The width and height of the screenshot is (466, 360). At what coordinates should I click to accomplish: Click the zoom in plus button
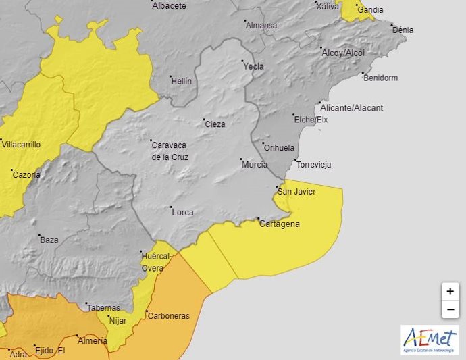pos(450,292)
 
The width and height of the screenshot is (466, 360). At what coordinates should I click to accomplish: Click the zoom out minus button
pos(450,310)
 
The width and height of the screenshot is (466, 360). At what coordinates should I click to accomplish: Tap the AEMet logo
pos(430,340)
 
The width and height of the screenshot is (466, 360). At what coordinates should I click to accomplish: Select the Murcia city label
pos(255,164)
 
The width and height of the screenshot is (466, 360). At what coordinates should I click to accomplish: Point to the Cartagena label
pos(280,224)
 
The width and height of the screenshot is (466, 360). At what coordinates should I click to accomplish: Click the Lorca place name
pos(182,212)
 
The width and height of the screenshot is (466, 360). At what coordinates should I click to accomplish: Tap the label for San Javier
pos(297,192)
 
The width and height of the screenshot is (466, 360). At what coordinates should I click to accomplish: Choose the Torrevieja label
pos(313,165)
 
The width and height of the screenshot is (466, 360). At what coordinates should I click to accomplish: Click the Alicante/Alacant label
pos(352,108)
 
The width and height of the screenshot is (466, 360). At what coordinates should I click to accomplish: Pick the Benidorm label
pos(380,78)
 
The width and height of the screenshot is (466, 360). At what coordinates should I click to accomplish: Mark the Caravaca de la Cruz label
pos(170,151)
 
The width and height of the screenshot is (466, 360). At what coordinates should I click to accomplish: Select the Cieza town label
pos(215,124)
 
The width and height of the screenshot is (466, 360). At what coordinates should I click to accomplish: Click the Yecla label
pos(253,66)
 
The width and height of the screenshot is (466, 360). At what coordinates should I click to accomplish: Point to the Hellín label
pos(181,81)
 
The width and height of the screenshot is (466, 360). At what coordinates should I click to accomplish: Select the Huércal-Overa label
pos(157,262)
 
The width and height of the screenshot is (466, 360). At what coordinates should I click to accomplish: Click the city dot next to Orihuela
pos(263,143)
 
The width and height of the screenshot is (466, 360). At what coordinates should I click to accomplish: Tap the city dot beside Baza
pos(39,236)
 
